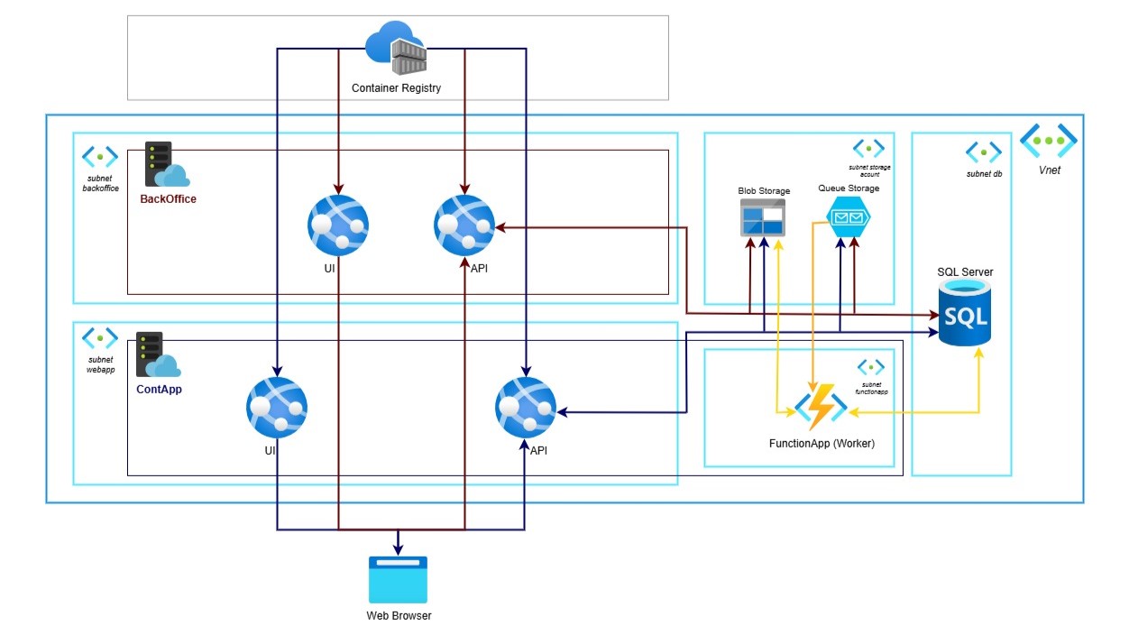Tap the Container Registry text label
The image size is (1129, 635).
(396, 87)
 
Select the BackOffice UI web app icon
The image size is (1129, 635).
(338, 225)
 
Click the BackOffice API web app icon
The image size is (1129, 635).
(464, 225)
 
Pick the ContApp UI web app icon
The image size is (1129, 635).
(277, 407)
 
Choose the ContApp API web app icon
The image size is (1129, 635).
(525, 407)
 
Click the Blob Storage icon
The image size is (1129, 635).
(763, 216)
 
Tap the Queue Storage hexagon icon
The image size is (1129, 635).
(848, 217)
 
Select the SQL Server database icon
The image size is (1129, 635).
(965, 312)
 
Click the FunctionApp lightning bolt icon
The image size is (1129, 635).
(821, 408)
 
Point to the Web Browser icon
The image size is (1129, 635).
(398, 580)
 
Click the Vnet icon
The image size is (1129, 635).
(1049, 141)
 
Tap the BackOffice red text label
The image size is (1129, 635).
(168, 198)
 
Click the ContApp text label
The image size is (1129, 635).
(161, 390)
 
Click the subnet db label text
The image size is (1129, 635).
(983, 174)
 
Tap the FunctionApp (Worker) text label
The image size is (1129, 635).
(822, 444)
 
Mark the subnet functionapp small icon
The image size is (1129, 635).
(870, 366)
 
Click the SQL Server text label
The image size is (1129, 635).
(965, 271)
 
